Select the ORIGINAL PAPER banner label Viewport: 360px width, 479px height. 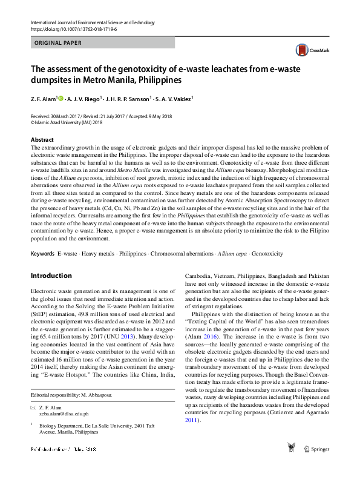tap(58, 43)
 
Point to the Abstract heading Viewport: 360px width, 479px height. tap(42, 139)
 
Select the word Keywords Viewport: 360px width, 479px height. tap(42, 253)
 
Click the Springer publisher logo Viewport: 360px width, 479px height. tap(315, 448)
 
